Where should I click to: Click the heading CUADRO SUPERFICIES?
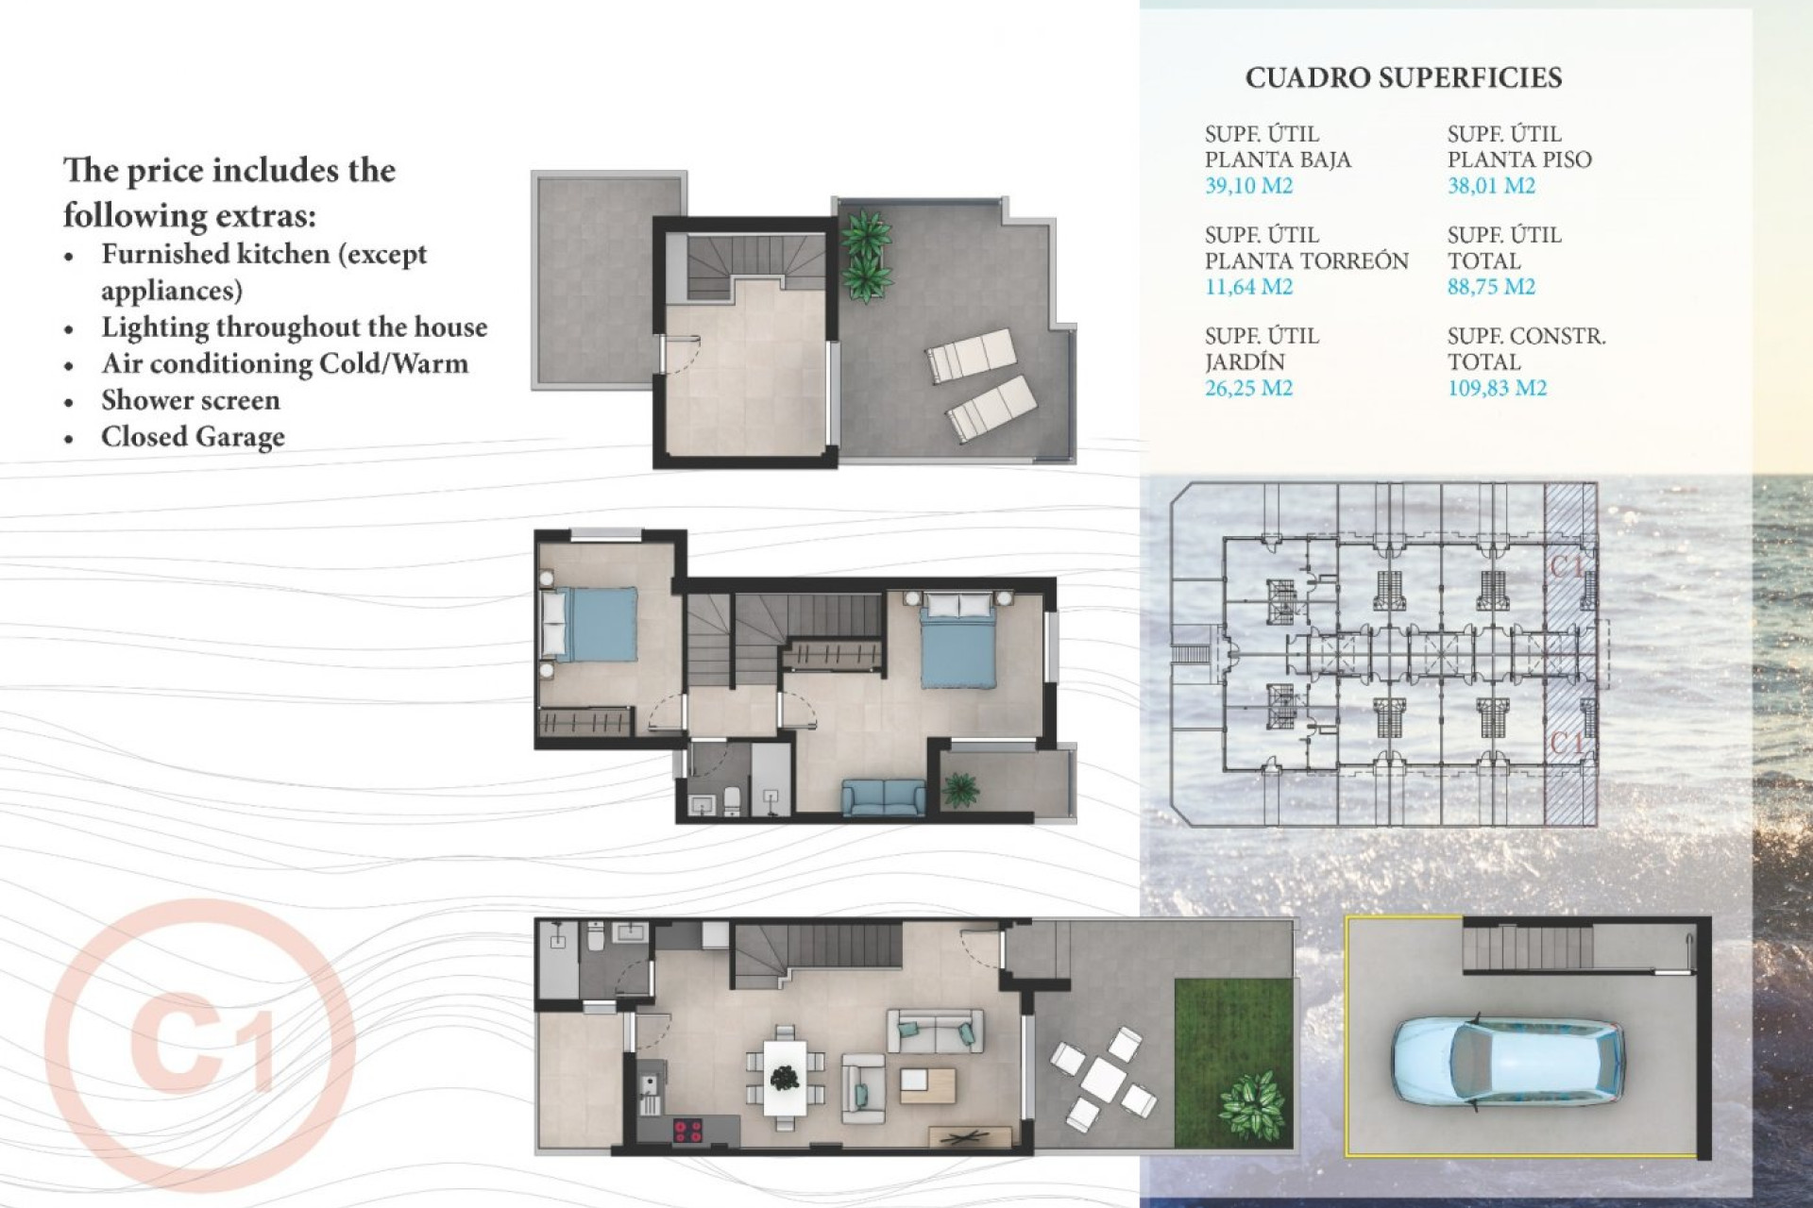pyautogui.click(x=1403, y=77)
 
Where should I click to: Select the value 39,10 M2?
pyautogui.click(x=1248, y=186)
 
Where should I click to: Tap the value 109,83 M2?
pyautogui.click(x=1497, y=388)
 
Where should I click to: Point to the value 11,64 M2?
pyautogui.click(x=1248, y=287)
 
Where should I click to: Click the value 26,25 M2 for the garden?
pyautogui.click(x=1248, y=388)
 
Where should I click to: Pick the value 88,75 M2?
pyautogui.click(x=1491, y=287)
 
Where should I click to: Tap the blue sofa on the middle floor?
pyautogui.click(x=884, y=797)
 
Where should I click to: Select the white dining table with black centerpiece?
pyautogui.click(x=785, y=1077)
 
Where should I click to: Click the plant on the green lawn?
pyautogui.click(x=1253, y=1103)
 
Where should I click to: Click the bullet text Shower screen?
pyautogui.click(x=191, y=400)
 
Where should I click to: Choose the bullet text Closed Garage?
pyautogui.click(x=193, y=437)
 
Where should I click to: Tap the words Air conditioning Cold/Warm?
pyautogui.click(x=284, y=363)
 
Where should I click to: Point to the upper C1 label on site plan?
pyautogui.click(x=1567, y=566)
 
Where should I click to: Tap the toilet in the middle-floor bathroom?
pyautogui.click(x=732, y=801)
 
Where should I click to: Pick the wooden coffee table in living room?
pyautogui.click(x=927, y=1084)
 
